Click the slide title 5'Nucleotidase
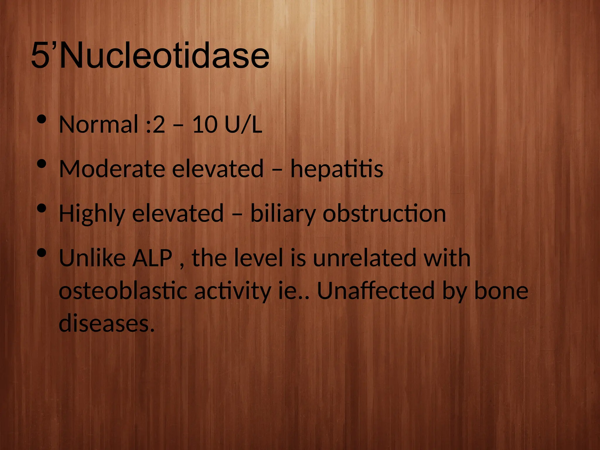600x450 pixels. coord(150,56)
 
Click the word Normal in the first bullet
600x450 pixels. coord(98,125)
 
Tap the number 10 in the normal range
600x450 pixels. coord(205,125)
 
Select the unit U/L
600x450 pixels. coord(243,125)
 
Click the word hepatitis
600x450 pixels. coord(337,169)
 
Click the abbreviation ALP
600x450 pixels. coord(152,258)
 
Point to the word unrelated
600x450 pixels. coord(364,258)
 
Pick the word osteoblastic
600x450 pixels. coord(123,291)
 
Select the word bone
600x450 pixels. coord(501,291)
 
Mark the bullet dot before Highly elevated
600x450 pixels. coord(42,208)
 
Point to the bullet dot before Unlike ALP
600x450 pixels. coord(42,253)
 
